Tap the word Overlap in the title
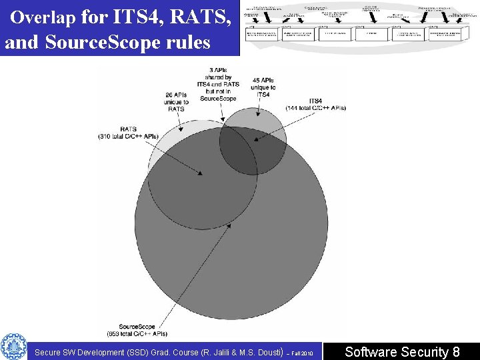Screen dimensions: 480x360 [44, 17]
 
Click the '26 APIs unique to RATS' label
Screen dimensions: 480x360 [176, 101]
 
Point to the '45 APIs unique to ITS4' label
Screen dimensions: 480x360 [263, 87]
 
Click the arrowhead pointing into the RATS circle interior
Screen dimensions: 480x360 [201, 175]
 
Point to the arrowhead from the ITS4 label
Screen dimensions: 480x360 [255, 140]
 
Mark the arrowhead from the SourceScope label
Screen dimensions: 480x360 [231, 225]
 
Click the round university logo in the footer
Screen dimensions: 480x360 [13, 346]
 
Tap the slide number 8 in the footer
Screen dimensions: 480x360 [456, 351]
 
